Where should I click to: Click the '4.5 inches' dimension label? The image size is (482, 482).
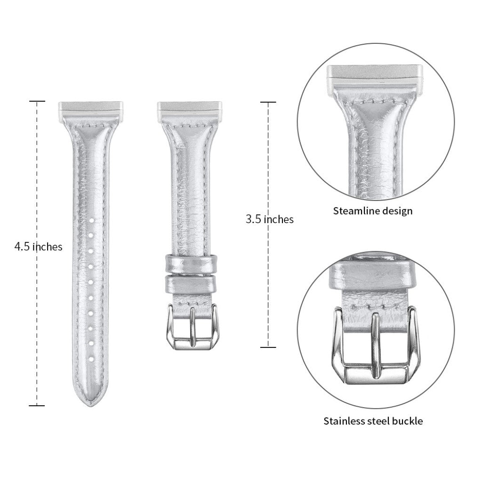click(x=39, y=247)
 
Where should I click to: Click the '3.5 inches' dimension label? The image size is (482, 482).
click(x=270, y=219)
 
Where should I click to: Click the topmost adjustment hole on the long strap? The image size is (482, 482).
click(x=91, y=220)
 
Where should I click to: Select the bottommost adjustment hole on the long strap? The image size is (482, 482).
click(x=91, y=358)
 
